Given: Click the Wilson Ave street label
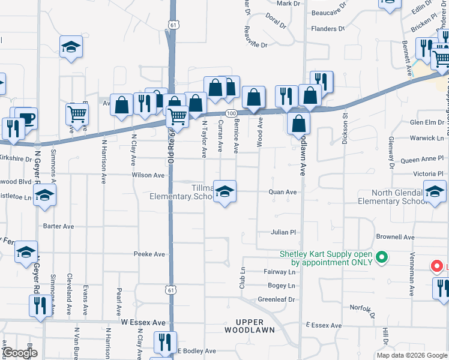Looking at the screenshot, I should point(148,175).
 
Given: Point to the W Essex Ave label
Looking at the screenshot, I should point(143,322).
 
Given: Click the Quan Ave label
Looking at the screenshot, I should point(283,192).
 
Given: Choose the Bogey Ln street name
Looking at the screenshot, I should point(282,286).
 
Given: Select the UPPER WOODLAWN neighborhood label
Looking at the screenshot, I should point(250,326).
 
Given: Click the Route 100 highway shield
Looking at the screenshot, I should point(231,113).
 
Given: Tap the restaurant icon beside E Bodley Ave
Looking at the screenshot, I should point(163,342).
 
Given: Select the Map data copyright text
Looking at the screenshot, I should point(411,355).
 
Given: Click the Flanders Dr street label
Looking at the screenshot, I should point(328,28).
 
